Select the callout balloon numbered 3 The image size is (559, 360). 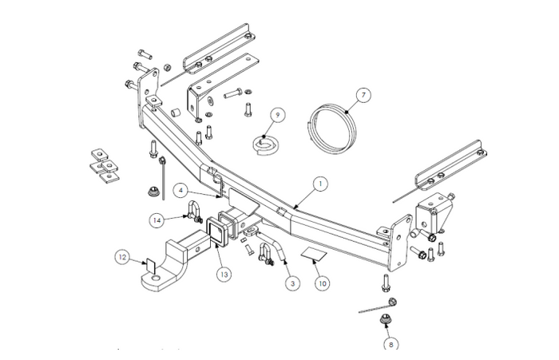[292, 283]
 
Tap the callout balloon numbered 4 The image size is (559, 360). [182, 190]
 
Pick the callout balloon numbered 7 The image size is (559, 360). [363, 97]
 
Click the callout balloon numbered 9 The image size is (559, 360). [278, 114]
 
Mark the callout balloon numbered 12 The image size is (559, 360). [121, 257]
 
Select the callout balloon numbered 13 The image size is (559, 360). [224, 274]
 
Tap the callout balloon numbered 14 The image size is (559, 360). [159, 219]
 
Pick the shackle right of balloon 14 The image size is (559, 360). [192, 212]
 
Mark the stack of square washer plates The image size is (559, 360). [101, 165]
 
